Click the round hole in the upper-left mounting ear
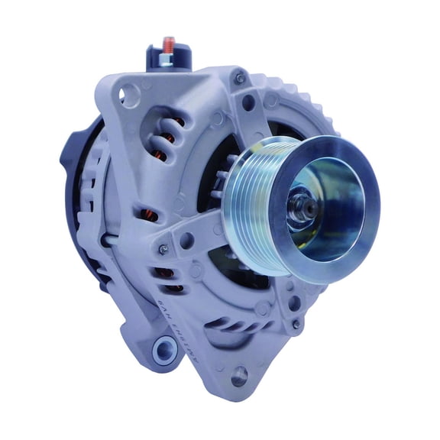(131, 94)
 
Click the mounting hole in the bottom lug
(240, 374)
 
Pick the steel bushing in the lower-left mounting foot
(164, 351)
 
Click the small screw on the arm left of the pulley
(163, 249)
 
